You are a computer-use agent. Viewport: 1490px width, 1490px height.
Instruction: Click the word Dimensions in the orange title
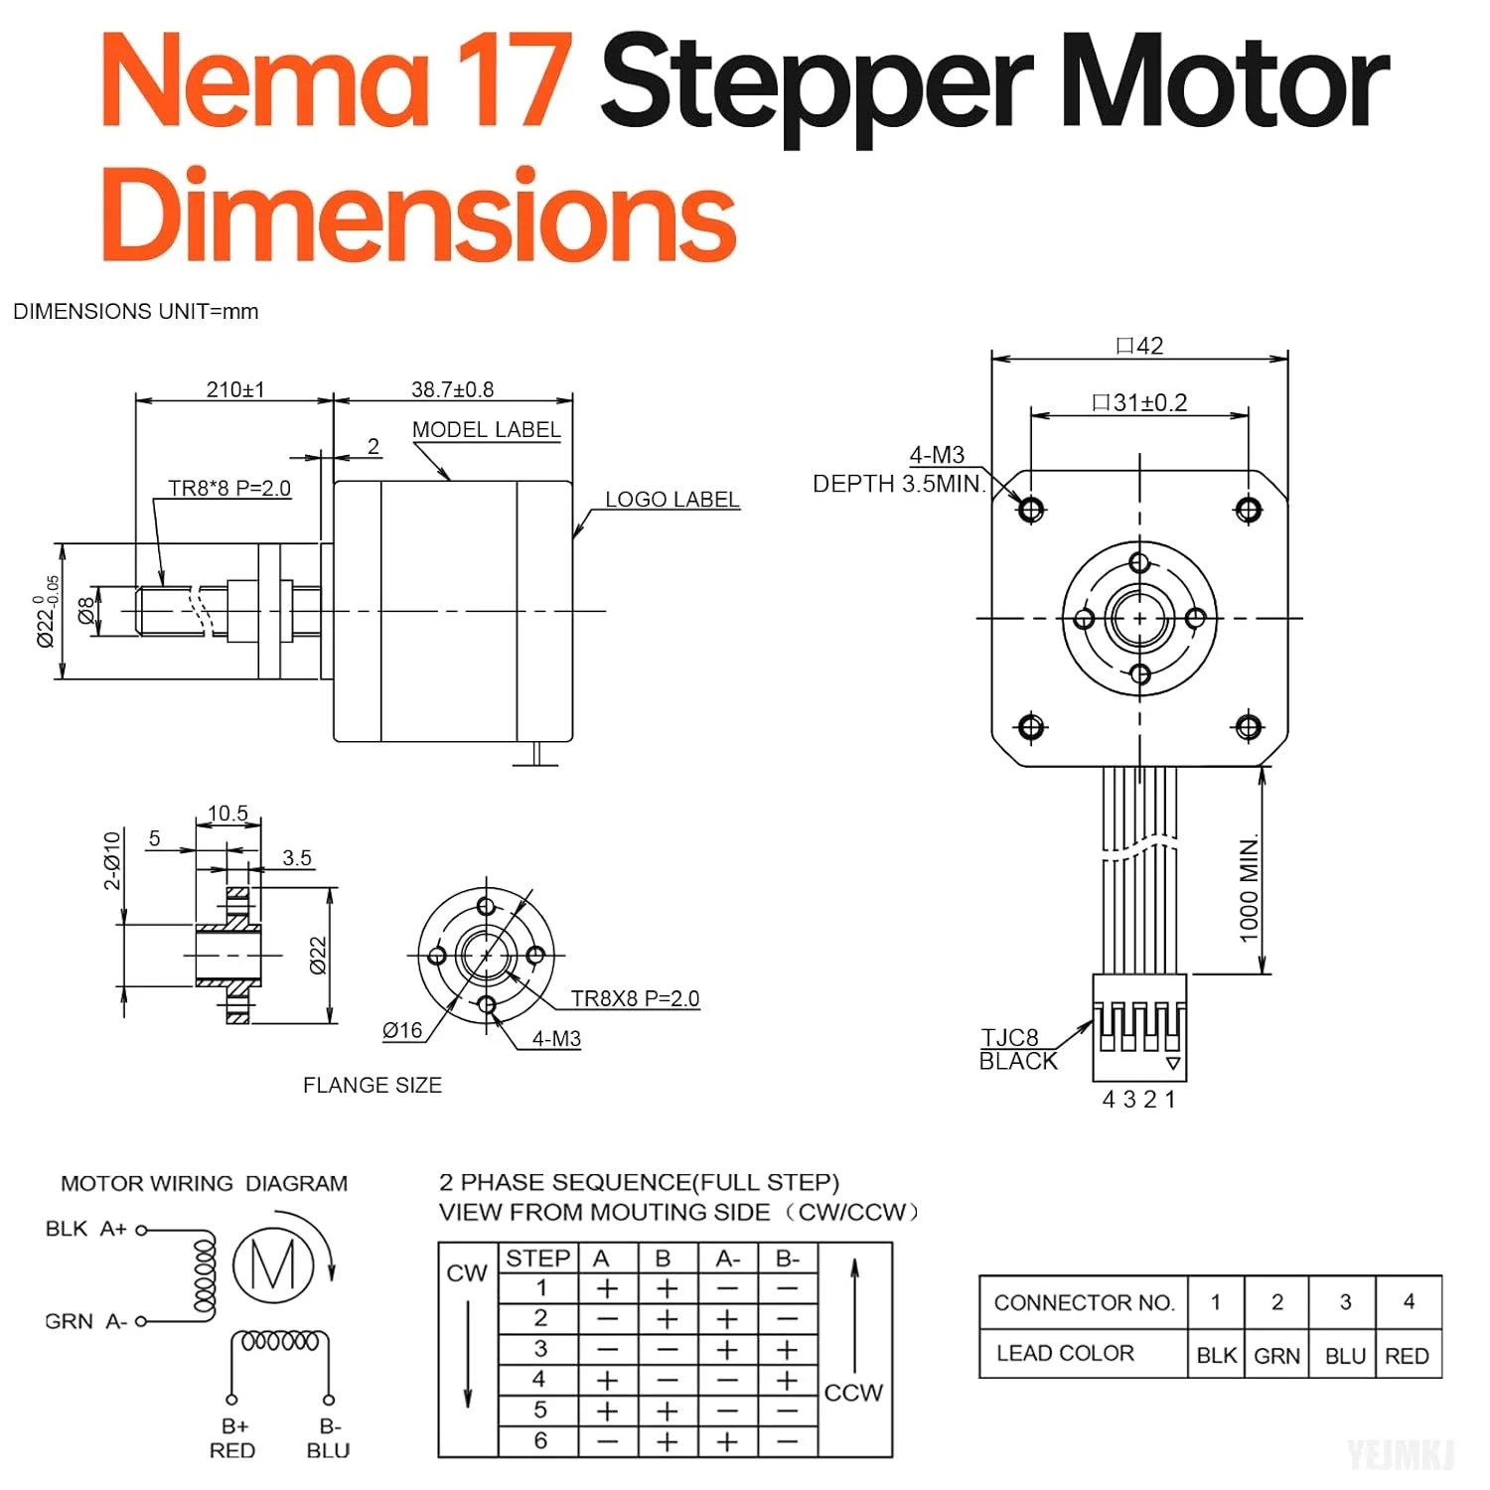[417, 214]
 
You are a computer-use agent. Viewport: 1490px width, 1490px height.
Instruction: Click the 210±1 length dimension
[235, 389]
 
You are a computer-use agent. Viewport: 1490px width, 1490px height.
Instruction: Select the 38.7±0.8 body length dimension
[452, 389]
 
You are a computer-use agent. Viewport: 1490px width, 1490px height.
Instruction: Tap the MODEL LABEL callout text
[486, 429]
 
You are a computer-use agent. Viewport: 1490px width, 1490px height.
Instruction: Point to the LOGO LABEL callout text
[672, 500]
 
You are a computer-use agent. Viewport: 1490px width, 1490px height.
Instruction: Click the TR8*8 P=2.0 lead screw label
[229, 488]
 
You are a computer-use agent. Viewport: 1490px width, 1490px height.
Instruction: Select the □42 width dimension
[1139, 346]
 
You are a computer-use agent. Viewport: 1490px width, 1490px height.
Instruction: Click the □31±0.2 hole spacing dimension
[1139, 402]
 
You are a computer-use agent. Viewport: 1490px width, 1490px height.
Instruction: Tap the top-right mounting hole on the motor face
[1248, 510]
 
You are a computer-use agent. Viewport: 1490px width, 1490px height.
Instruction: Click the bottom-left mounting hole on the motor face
[1031, 727]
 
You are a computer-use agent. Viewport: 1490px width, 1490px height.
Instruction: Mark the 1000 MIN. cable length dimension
[1249, 888]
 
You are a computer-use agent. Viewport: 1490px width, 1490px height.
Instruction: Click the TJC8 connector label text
[1010, 1038]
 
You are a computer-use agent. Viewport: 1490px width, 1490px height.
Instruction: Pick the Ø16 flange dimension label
[402, 1031]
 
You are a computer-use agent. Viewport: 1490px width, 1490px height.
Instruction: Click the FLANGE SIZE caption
[372, 1085]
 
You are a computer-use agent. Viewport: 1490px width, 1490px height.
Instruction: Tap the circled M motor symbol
[273, 1265]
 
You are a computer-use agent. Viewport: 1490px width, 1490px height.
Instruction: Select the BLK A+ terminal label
[86, 1229]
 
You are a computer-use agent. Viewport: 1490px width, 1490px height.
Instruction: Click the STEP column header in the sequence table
[537, 1259]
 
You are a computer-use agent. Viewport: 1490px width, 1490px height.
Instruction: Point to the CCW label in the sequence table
[853, 1393]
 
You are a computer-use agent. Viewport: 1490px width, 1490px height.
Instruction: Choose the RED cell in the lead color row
[1407, 1356]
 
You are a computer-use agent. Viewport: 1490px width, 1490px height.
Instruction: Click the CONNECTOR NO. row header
[1084, 1302]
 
